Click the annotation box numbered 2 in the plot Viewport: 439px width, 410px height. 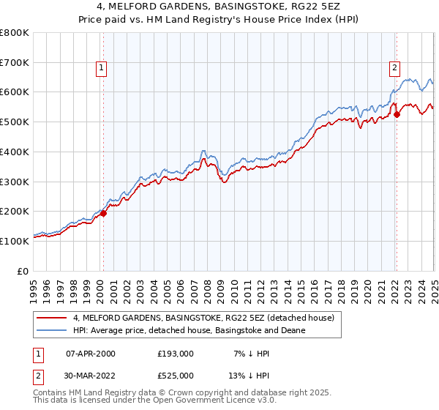[394, 68]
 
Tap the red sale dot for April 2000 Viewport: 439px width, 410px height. [104, 213]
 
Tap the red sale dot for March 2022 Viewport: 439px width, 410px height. [397, 114]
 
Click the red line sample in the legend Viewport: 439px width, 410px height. [52, 318]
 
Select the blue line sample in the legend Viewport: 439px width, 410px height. [52, 330]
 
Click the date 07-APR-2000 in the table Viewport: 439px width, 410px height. [91, 354]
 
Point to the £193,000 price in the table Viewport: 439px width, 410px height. [175, 354]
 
